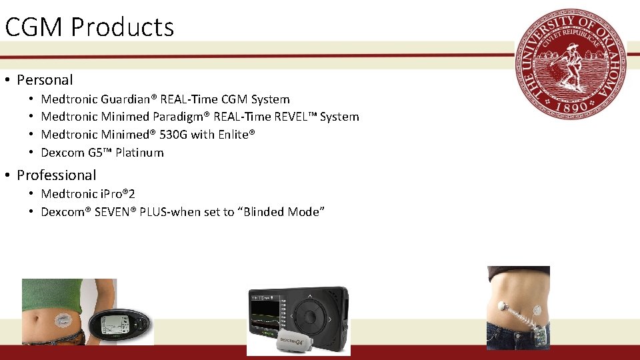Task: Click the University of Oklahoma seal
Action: point(571,64)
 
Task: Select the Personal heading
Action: point(45,80)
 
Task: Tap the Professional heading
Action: point(57,175)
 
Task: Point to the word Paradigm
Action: point(181,117)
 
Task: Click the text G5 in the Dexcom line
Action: point(95,153)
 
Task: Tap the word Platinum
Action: point(139,153)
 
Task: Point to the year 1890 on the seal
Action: point(571,106)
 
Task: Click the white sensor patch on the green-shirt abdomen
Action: point(63,319)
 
